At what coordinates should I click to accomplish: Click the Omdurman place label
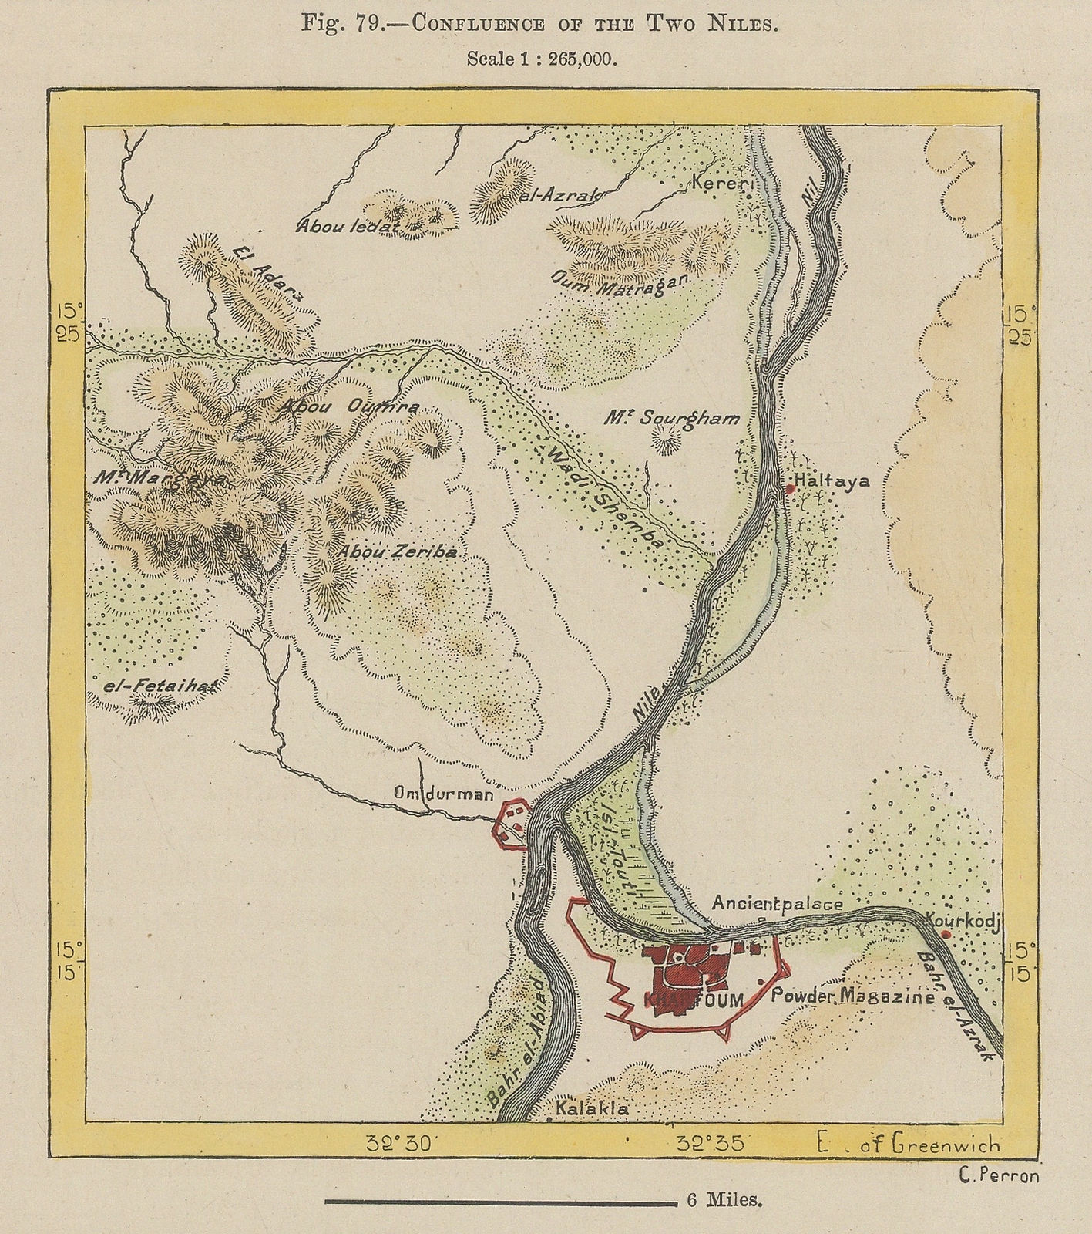(x=443, y=793)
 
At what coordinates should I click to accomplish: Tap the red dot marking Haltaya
(x=790, y=489)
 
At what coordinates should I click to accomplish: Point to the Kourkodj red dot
(x=946, y=935)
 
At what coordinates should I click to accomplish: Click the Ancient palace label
(x=777, y=903)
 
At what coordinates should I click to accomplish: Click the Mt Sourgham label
(x=671, y=419)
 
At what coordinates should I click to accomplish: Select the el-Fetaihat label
(x=161, y=684)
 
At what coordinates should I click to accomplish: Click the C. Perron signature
(x=1000, y=1175)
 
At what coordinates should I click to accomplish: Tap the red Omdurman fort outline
(x=512, y=824)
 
